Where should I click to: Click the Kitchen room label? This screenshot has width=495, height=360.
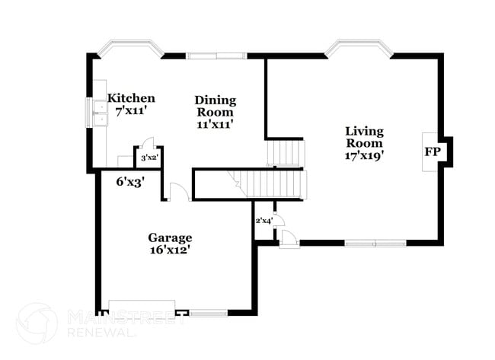(x=131, y=98)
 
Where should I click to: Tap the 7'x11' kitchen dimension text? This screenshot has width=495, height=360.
(x=131, y=111)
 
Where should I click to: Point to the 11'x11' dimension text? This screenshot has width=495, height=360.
(x=216, y=123)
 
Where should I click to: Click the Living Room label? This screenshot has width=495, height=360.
(x=365, y=136)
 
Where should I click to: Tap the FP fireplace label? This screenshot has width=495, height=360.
(x=433, y=152)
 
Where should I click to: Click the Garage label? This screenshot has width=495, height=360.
(x=170, y=237)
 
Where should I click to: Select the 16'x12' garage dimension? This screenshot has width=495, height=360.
(x=170, y=249)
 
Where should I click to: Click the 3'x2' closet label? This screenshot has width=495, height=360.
(x=148, y=158)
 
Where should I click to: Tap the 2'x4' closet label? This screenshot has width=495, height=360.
(x=263, y=221)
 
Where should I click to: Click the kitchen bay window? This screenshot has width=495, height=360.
(x=131, y=47)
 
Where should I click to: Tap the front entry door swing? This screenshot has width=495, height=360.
(x=289, y=238)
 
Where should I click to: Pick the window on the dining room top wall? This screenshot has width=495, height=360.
(x=216, y=55)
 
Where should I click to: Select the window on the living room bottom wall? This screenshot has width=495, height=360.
(x=374, y=244)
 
